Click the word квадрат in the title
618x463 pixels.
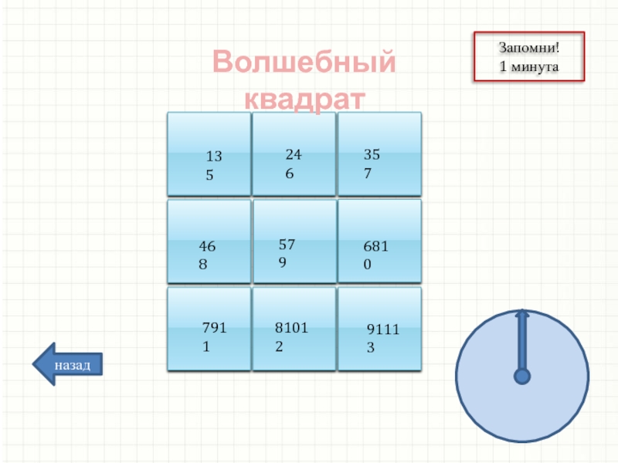pos(304,99)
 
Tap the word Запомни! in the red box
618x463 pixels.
pos(528,49)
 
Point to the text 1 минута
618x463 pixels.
pos(528,67)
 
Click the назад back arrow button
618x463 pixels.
pos(68,363)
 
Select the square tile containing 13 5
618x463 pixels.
pos(209,154)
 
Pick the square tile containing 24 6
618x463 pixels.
pos(294,154)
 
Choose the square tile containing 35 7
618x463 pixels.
pos(380,154)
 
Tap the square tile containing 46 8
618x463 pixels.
pos(209,241)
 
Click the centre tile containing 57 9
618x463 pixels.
pos(294,241)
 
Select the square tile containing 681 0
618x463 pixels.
pos(380,241)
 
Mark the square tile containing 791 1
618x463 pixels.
pos(209,328)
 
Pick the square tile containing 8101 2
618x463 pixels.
pos(294,328)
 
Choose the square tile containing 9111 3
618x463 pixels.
pos(380,328)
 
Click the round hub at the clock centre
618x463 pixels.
pos(522,377)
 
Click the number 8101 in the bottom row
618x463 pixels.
pos(291,327)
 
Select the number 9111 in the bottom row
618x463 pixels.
pos(381,330)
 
